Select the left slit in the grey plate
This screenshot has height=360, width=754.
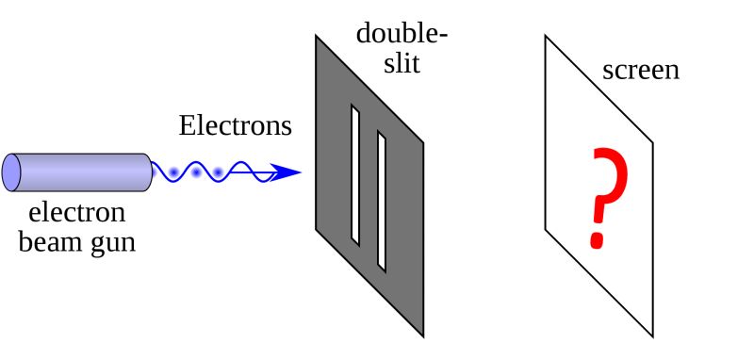click(x=355, y=173)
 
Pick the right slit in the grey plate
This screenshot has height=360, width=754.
click(x=382, y=201)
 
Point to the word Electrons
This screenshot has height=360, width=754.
click(x=236, y=125)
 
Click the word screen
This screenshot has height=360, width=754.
click(x=641, y=70)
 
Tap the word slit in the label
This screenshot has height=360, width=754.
click(x=401, y=64)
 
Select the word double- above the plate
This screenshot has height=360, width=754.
click(x=402, y=34)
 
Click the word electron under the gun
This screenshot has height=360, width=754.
click(x=77, y=212)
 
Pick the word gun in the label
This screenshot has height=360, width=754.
click(x=114, y=243)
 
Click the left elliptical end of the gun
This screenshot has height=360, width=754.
click(x=11, y=172)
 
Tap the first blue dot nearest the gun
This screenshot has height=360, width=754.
click(x=173, y=172)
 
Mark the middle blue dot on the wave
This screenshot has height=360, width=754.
click(x=196, y=172)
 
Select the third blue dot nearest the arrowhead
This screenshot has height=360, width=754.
click(x=219, y=172)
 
